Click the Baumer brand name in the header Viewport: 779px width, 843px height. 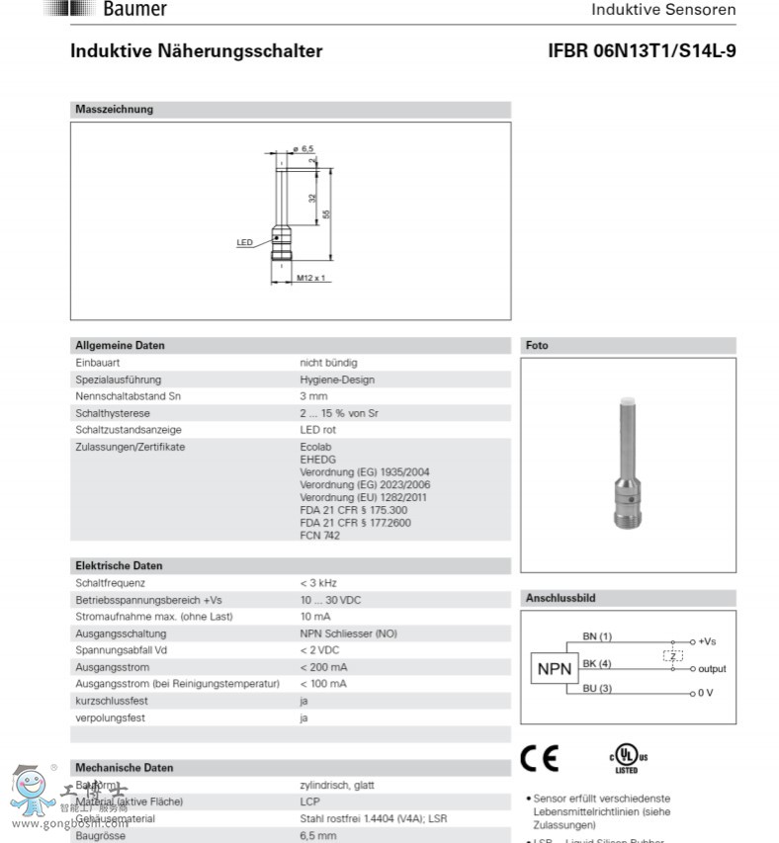pos(135,10)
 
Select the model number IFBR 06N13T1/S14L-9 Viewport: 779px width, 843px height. pos(642,51)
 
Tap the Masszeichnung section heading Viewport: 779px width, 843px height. pos(115,110)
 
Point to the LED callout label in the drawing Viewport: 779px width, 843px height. pos(245,242)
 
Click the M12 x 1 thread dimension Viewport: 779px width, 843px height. pos(311,278)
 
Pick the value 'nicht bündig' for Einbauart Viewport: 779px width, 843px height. pos(328,363)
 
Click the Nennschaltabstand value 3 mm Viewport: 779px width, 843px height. pos(313,396)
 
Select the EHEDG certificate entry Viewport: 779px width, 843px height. pos(317,460)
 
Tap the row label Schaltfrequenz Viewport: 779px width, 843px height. pos(111,583)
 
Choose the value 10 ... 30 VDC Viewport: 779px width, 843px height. pos(330,600)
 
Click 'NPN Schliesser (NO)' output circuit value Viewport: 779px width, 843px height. pos(348,633)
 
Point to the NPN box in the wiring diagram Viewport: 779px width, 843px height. pos(555,669)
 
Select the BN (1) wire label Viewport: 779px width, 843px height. pos(597,635)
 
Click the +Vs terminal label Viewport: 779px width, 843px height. pos(707,641)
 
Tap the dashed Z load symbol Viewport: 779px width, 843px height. pos(672,655)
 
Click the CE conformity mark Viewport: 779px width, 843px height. pos(540,758)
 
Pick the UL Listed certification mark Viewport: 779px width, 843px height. pos(626,760)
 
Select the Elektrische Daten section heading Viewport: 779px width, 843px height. pos(120,566)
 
